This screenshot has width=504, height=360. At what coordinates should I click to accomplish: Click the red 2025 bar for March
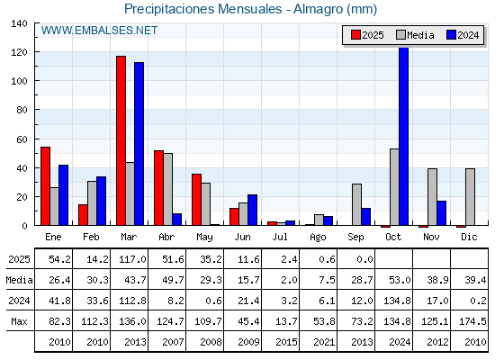click(121, 140)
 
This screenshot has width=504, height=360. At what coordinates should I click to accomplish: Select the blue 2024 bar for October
click(404, 136)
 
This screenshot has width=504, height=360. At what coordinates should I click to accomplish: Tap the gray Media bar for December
click(470, 197)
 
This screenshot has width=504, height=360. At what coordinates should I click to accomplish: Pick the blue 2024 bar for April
click(176, 220)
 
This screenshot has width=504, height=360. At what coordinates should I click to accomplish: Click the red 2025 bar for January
click(45, 186)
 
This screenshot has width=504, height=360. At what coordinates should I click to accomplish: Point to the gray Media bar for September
click(356, 204)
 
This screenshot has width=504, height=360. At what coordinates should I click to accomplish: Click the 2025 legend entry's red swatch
click(355, 35)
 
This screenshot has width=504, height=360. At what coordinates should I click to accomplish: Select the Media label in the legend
click(420, 35)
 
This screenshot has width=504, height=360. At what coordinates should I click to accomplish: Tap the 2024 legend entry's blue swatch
click(451, 35)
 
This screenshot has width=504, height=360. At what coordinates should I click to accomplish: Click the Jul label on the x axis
click(280, 237)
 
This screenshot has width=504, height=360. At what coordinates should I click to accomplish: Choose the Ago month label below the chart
click(318, 238)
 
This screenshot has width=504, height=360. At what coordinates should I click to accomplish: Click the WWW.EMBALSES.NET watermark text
click(99, 31)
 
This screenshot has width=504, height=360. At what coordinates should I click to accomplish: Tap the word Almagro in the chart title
click(318, 9)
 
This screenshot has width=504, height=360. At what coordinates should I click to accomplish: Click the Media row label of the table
click(19, 280)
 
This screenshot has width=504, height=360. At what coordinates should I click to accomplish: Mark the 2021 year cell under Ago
click(324, 342)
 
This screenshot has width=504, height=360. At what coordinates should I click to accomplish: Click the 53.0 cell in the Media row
click(400, 280)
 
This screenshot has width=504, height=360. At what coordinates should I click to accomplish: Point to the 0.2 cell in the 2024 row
click(475, 301)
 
